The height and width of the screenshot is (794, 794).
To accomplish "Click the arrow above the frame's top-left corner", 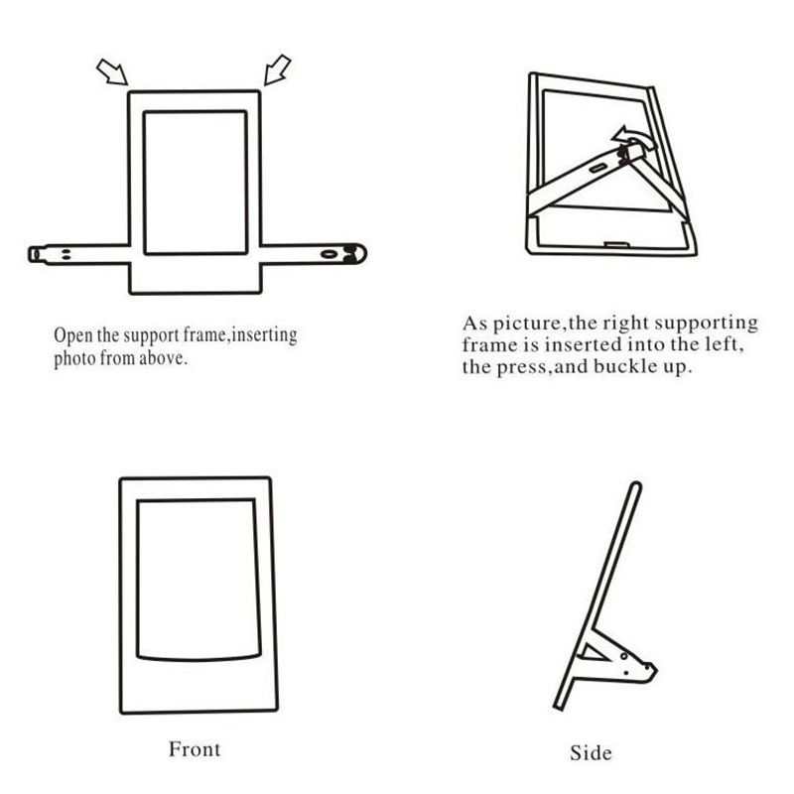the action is coord(112,71).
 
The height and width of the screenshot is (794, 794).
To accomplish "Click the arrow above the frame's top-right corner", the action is coord(278,69).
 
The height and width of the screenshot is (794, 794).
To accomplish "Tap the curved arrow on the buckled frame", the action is coord(634,137).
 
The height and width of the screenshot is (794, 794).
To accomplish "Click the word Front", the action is coord(195,749).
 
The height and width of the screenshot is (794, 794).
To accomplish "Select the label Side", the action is coord(591,752).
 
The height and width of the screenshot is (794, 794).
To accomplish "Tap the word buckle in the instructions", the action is coord(618,366).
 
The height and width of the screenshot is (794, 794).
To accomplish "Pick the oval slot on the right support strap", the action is coord(329,254).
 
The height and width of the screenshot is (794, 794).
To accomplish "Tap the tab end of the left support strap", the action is coord(35,254).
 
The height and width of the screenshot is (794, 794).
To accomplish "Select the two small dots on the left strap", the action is coord(66,254).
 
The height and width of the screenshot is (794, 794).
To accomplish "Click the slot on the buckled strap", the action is coord(598,168).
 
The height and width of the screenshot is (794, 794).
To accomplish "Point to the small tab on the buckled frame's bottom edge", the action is coord(617,245).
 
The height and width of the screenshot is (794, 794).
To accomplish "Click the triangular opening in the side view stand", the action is coord(594,653).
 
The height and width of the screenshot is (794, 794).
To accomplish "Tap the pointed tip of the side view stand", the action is coord(655,670).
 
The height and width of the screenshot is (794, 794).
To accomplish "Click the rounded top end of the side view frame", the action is coord(636,486).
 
